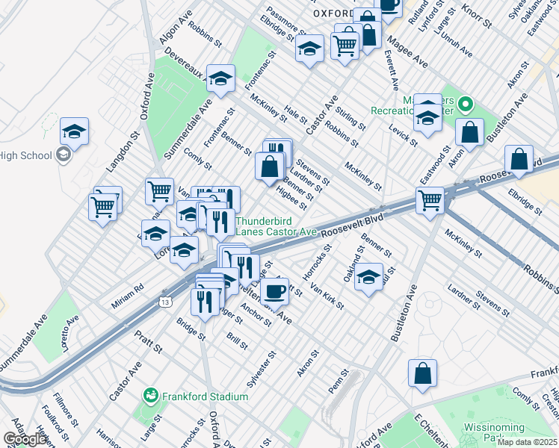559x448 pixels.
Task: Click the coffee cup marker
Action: click(275, 291)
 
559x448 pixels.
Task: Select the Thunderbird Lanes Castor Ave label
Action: click(277, 226)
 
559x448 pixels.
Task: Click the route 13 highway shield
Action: click(164, 300)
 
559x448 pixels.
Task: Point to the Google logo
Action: click(25, 440)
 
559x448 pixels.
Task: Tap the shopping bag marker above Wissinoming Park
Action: click(422, 373)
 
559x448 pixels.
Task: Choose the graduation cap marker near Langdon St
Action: click(74, 131)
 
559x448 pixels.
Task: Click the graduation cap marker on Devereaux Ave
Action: click(221, 78)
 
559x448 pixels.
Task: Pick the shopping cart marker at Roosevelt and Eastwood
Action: click(430, 200)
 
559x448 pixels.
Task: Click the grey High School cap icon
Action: click(64, 155)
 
